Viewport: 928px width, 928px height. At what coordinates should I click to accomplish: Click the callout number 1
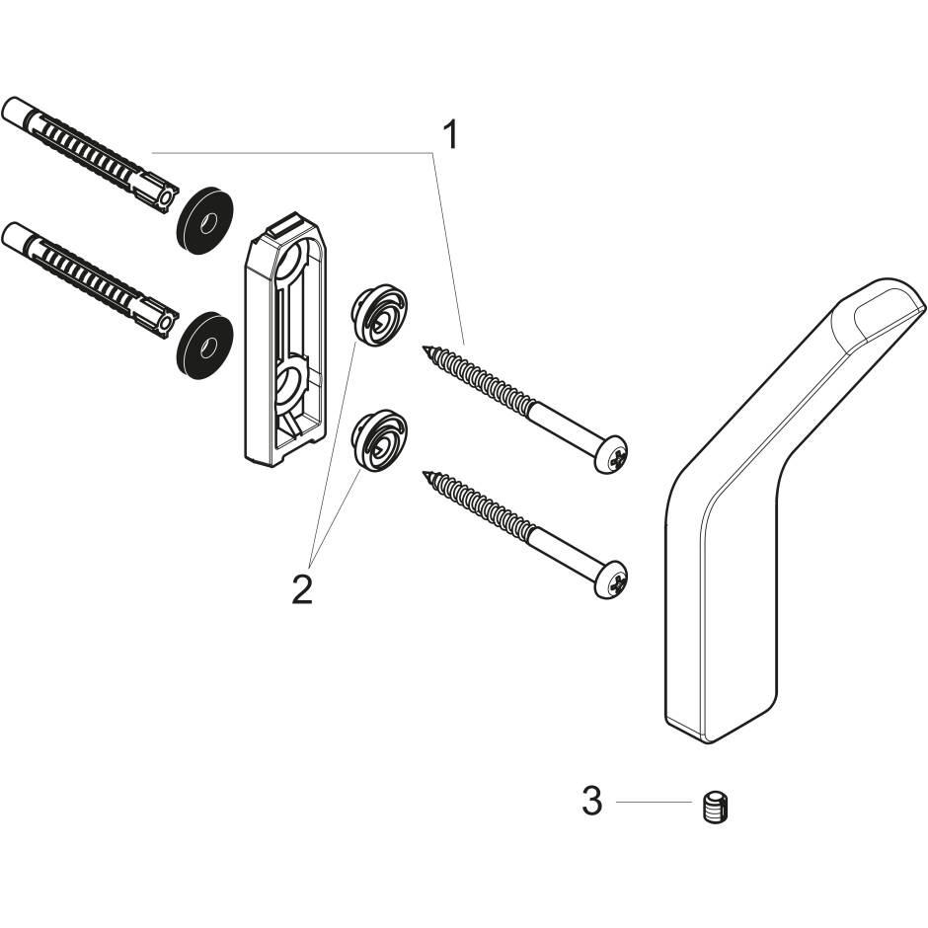449,135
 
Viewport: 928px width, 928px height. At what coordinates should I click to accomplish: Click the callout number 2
301,588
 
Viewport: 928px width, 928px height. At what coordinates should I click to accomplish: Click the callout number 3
591,802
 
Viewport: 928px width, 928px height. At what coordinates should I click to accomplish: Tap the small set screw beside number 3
716,809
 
